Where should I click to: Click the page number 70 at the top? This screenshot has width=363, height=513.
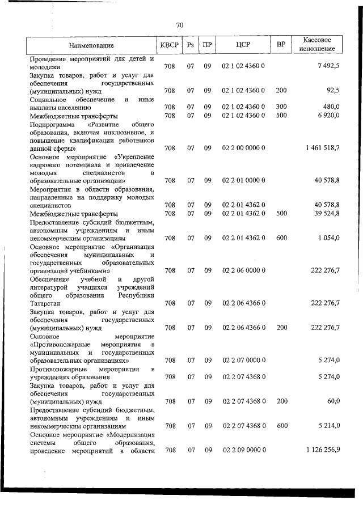(x=180, y=25)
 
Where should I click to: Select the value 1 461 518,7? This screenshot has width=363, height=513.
(x=322, y=148)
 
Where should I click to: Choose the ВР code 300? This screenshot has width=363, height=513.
(x=281, y=107)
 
